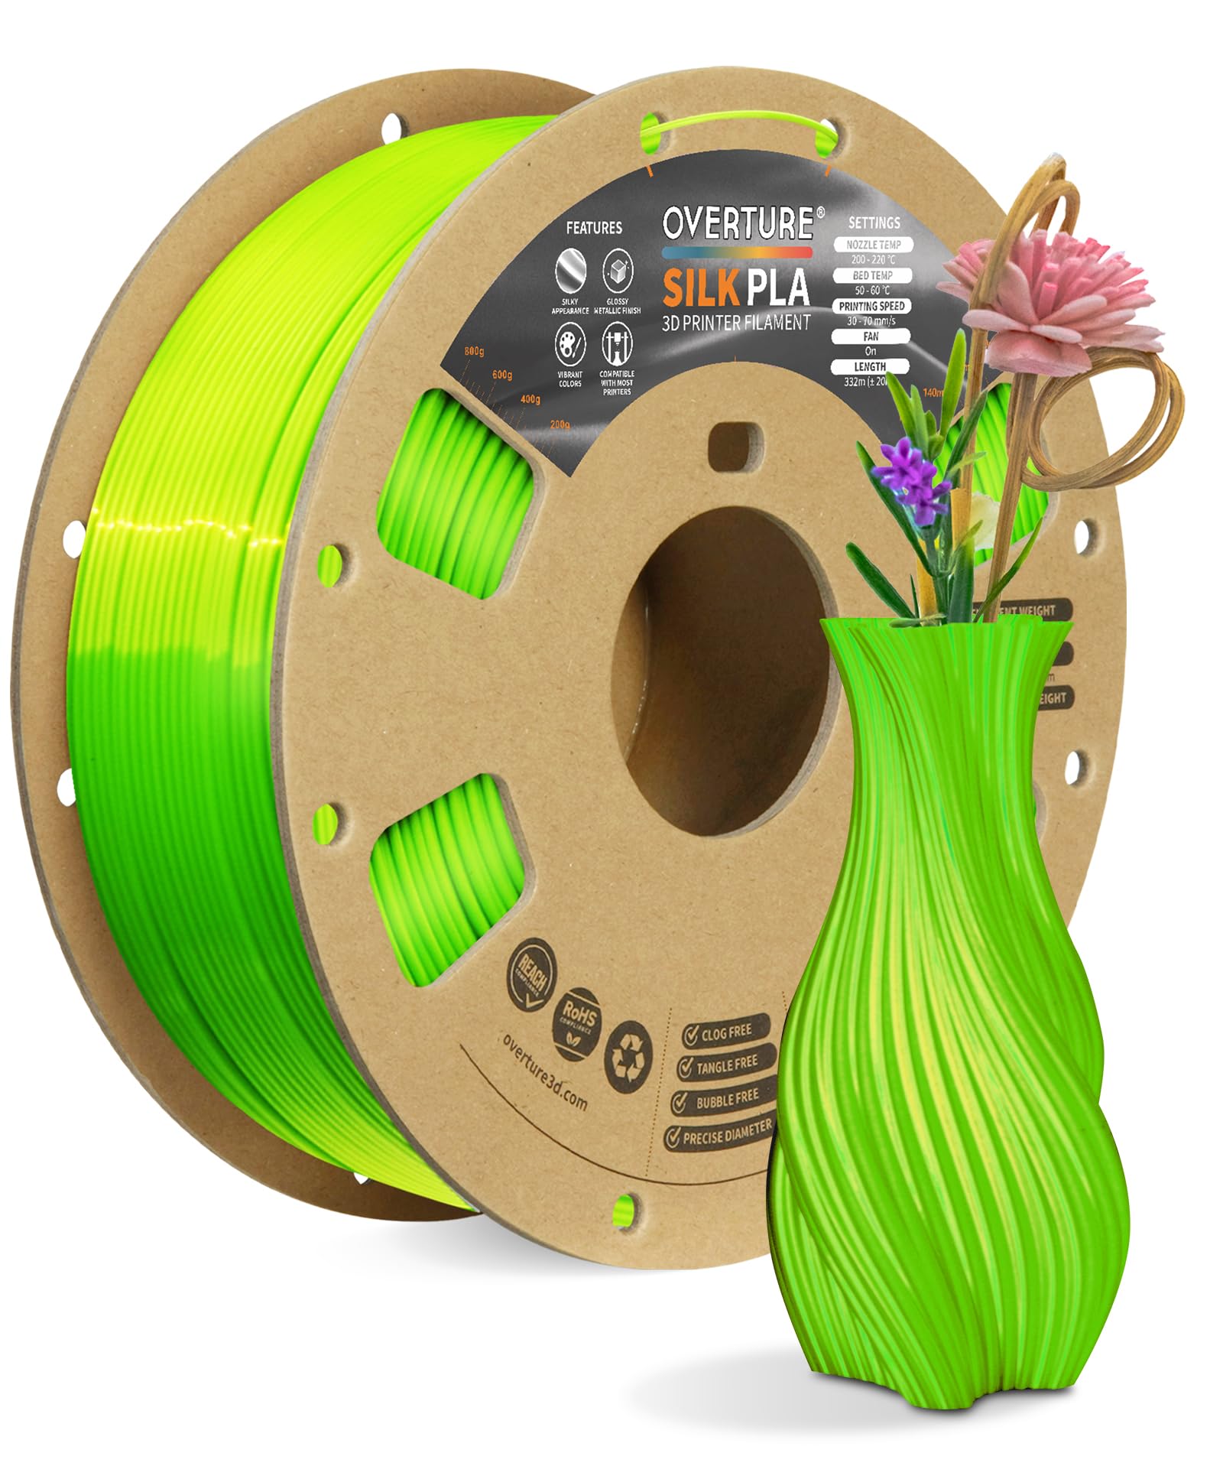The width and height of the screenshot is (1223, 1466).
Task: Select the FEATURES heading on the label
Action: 594,228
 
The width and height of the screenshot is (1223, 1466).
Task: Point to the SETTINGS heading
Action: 874,223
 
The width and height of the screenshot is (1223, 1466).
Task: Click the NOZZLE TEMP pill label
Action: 873,245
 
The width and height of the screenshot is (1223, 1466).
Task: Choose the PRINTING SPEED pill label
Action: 871,306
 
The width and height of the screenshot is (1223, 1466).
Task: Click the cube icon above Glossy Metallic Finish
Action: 616,270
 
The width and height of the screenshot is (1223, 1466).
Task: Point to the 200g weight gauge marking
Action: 560,424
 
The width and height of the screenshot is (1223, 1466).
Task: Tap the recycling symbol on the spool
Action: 628,1054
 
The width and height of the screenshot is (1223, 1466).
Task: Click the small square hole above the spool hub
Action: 733,445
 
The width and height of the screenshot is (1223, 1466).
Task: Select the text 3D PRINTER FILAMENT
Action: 735,323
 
